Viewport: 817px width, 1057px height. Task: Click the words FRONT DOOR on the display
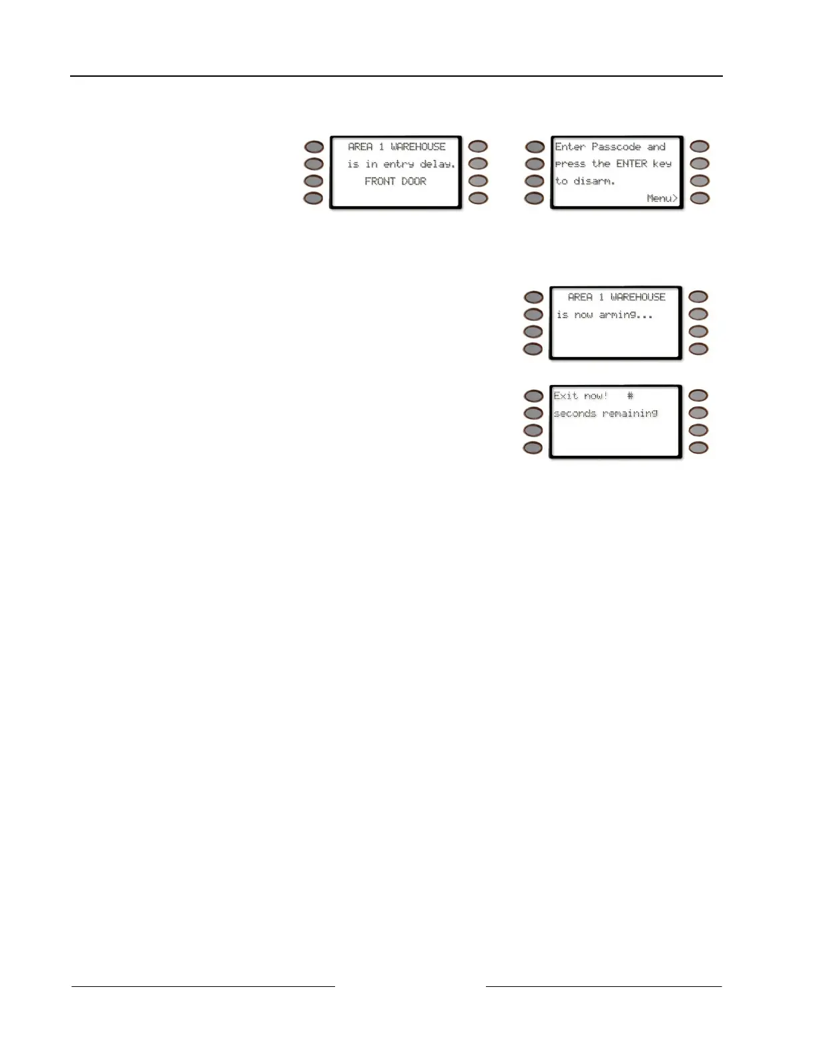pyautogui.click(x=395, y=182)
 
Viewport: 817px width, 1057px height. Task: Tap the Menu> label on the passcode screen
pyautogui.click(x=661, y=198)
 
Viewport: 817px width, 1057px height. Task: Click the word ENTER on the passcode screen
pyautogui.click(x=631, y=163)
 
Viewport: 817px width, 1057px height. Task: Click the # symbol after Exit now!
pyautogui.click(x=630, y=396)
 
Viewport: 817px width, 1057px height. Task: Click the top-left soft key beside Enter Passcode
pyautogui.click(x=535, y=147)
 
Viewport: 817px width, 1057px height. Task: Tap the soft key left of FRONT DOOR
pyautogui.click(x=314, y=182)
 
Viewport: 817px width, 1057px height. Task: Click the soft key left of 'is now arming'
pyautogui.click(x=533, y=314)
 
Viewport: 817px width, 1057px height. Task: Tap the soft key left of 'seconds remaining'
pyautogui.click(x=533, y=414)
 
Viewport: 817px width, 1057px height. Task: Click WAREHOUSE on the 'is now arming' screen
pyautogui.click(x=637, y=297)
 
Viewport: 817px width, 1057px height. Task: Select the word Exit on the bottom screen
pyautogui.click(x=565, y=396)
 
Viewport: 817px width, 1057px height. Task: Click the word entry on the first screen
pyautogui.click(x=398, y=164)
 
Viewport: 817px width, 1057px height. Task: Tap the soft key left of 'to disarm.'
pyautogui.click(x=535, y=182)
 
